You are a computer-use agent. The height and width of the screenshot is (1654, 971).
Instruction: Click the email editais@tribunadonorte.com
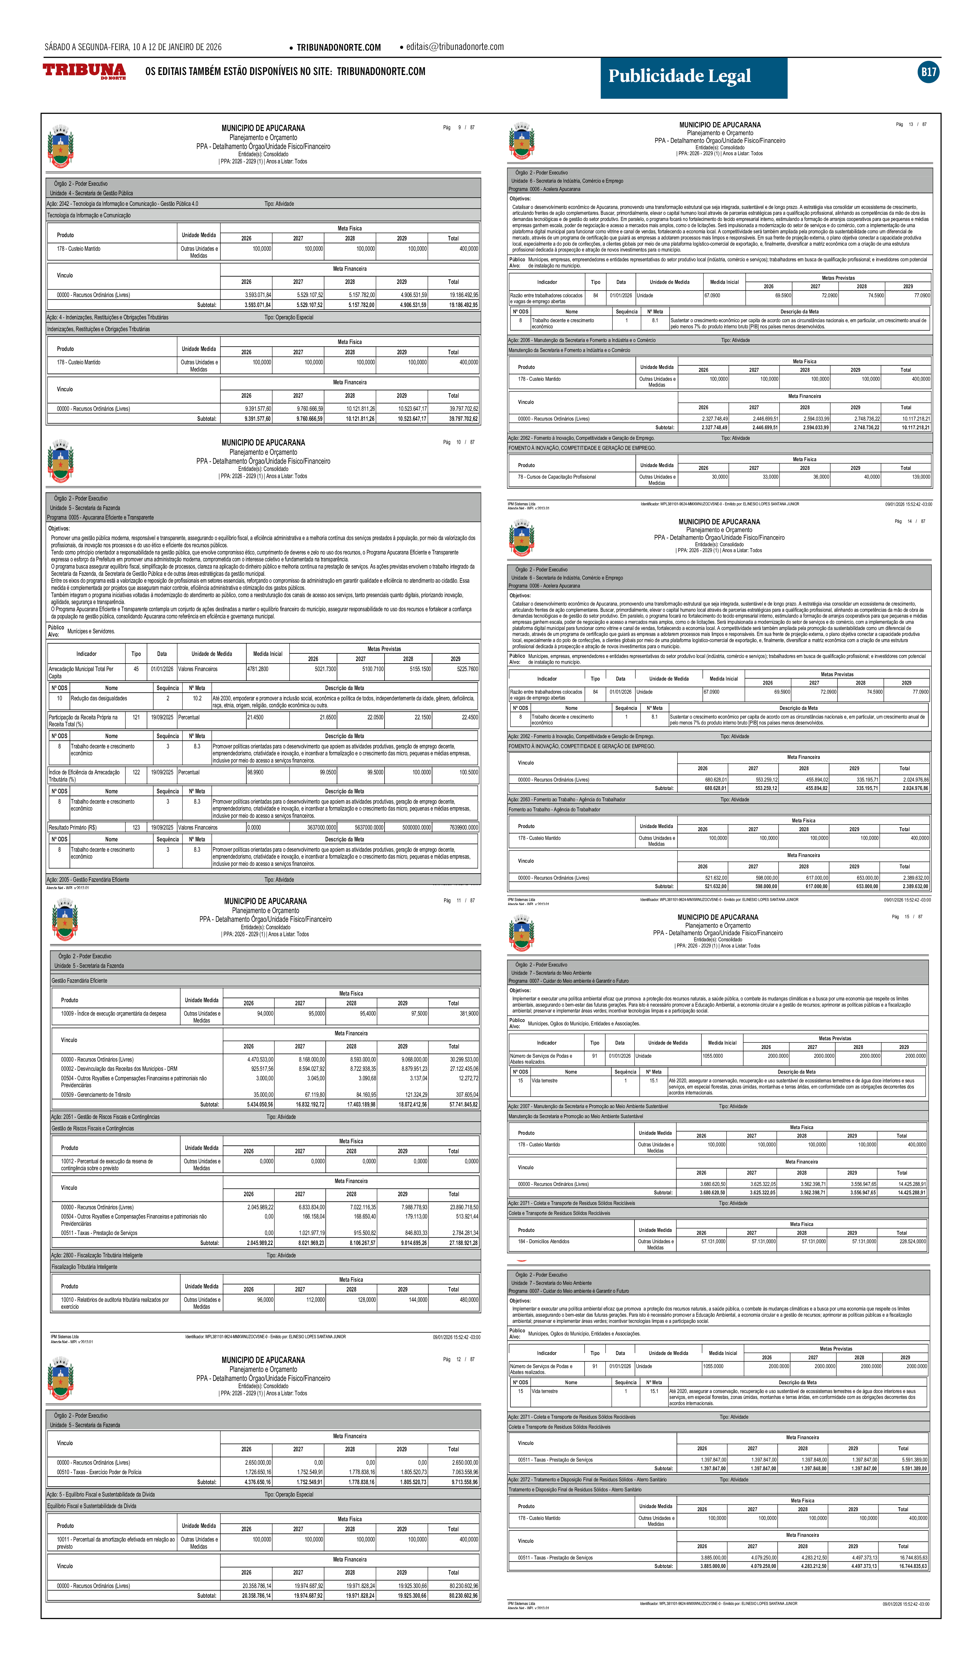coord(454,47)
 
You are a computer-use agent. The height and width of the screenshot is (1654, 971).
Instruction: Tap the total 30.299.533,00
coord(463,1059)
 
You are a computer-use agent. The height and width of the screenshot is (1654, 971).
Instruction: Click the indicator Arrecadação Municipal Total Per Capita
coord(81,672)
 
